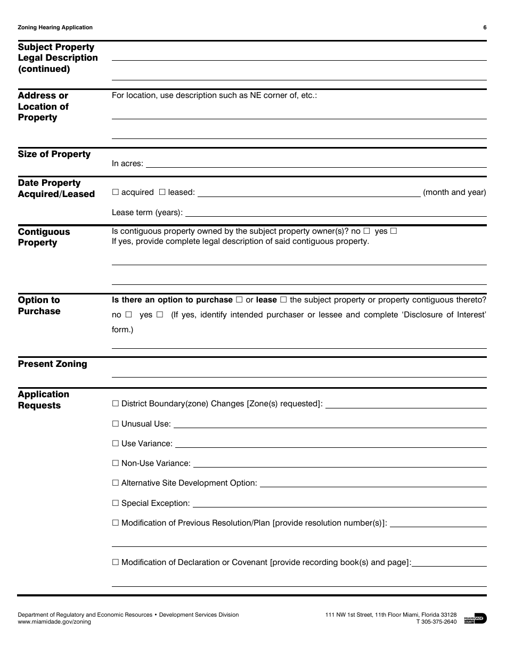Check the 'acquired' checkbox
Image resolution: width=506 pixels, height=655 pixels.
[115, 192]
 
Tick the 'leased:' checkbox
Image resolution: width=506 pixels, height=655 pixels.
[162, 192]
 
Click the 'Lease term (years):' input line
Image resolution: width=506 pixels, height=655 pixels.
[336, 213]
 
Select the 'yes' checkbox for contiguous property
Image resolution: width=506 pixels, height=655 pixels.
[394, 231]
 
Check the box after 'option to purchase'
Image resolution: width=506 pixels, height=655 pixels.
[239, 300]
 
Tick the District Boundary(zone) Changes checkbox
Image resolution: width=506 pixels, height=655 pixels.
[115, 404]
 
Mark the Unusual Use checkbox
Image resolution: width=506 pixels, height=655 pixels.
[115, 424]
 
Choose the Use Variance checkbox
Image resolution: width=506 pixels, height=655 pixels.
[115, 444]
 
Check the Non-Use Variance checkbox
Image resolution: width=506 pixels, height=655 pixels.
[115, 463]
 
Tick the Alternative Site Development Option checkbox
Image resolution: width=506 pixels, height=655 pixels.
[115, 483]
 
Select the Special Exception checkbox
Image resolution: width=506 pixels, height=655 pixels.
[115, 503]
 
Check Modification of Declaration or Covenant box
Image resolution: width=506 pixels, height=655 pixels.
[115, 562]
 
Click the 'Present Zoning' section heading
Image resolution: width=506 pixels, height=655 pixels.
[52, 364]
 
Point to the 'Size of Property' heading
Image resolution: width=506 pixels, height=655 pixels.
[54, 154]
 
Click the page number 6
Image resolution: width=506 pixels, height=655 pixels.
[485, 28]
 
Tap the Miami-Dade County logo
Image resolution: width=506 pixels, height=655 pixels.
[475, 618]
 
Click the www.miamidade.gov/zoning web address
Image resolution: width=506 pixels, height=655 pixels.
[54, 622]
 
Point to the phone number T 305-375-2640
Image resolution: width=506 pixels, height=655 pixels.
[436, 622]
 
